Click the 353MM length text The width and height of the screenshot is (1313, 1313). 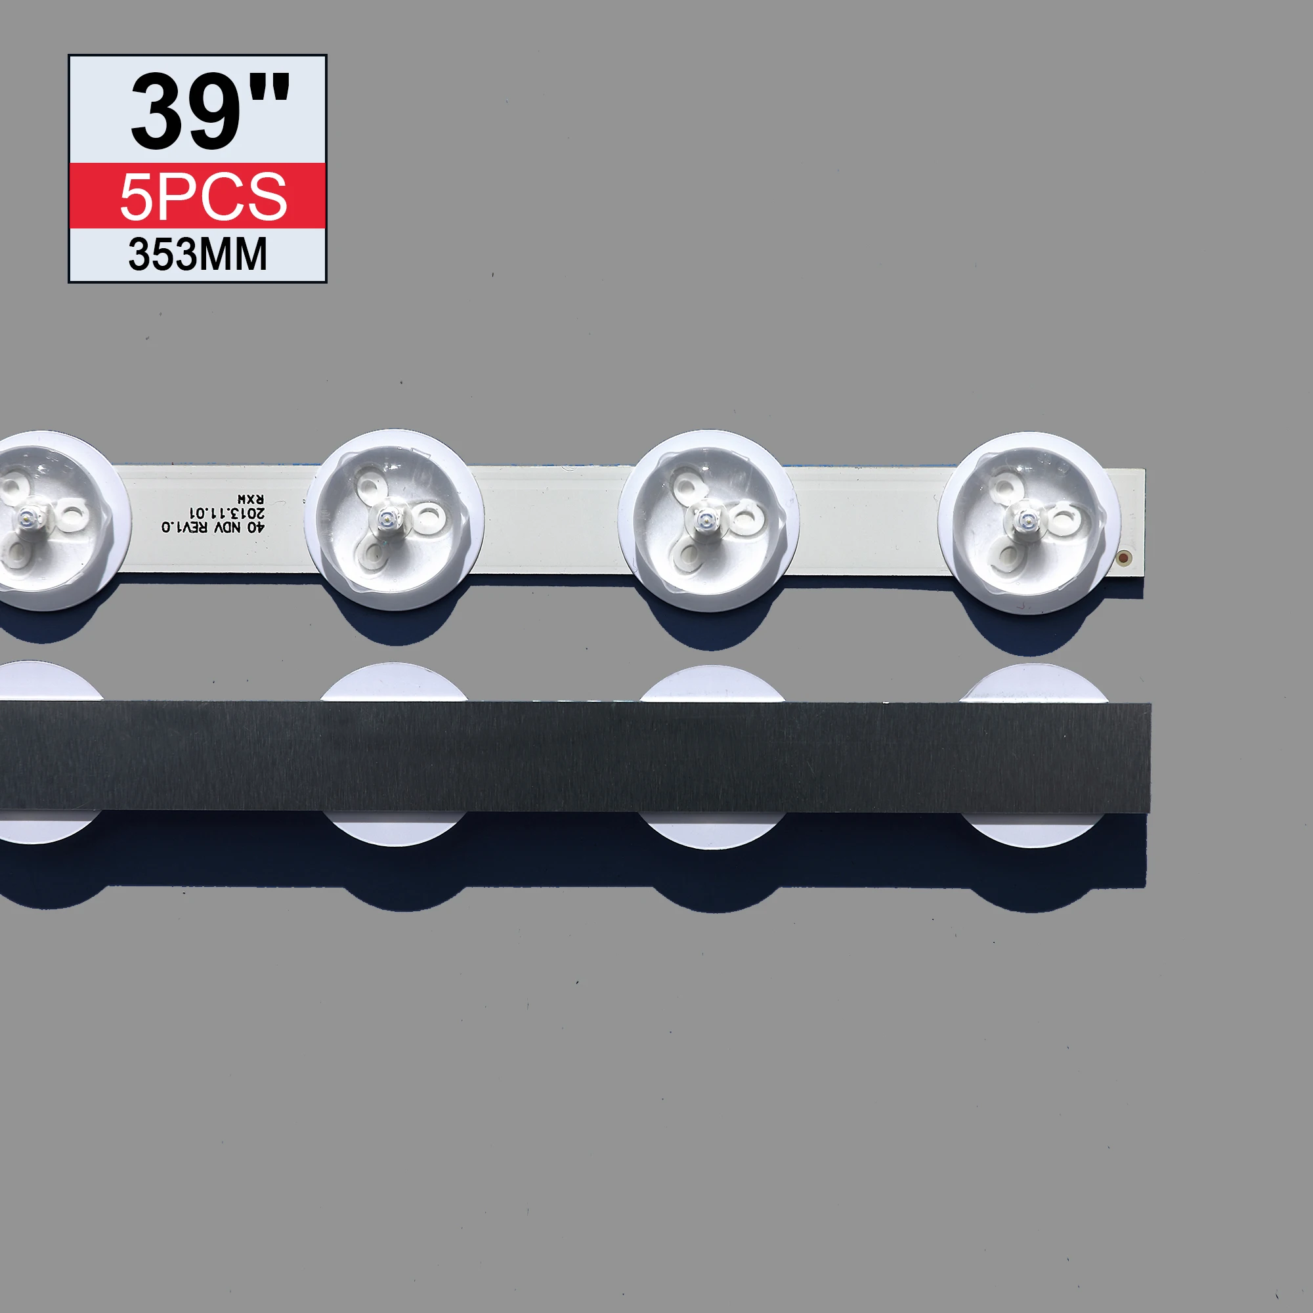(198, 255)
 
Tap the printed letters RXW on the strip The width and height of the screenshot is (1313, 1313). (250, 500)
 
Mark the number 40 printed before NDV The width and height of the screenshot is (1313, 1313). (255, 527)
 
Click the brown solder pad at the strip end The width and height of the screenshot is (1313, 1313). (1123, 558)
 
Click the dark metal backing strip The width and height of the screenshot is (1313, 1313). (578, 756)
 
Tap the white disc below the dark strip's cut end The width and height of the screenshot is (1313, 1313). (1033, 830)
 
